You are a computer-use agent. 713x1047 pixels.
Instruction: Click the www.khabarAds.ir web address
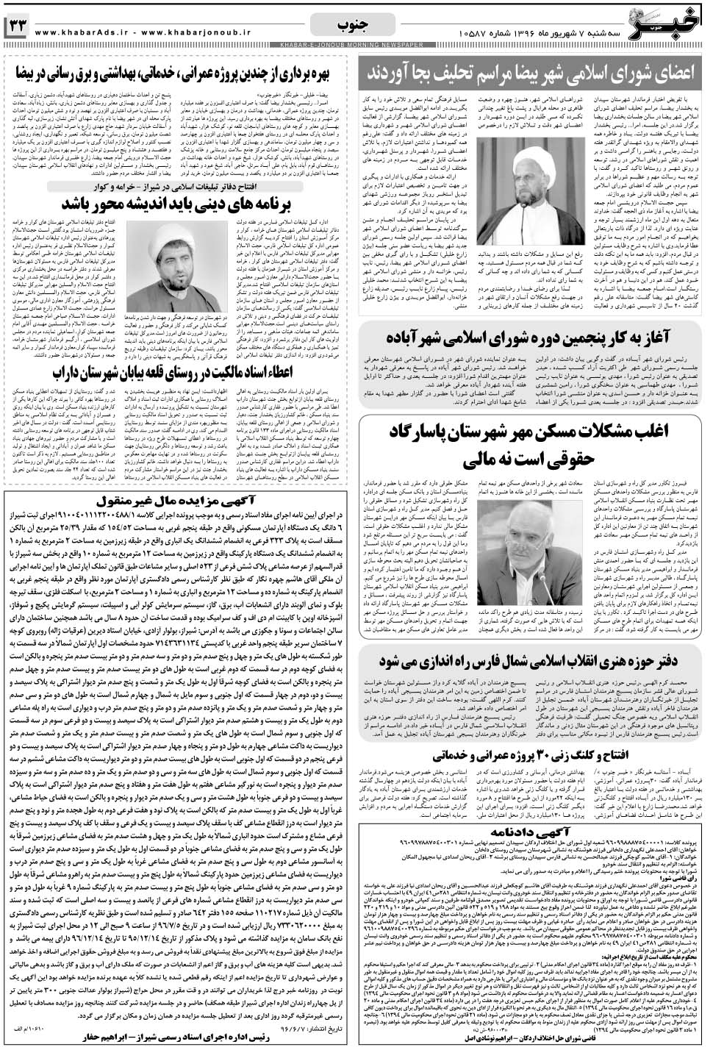pyautogui.click(x=85, y=32)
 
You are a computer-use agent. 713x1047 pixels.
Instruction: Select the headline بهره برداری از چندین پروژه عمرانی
pyautogui.click(x=179, y=74)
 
